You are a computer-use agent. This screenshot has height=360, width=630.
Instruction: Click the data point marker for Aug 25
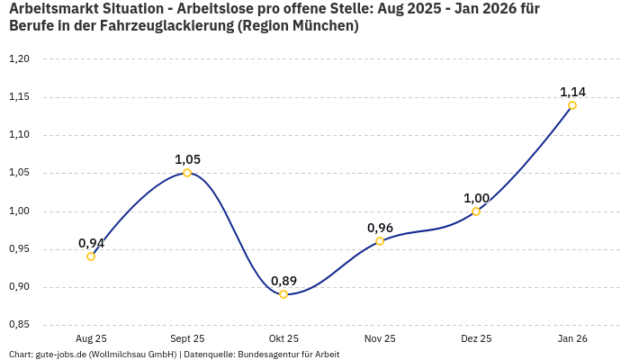[91, 256]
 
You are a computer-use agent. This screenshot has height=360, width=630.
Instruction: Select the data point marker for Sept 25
[187, 173]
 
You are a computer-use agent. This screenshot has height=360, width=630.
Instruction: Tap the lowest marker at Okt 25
[283, 294]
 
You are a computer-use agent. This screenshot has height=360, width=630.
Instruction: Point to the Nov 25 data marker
[380, 241]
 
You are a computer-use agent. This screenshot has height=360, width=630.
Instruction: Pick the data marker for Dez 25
[476, 211]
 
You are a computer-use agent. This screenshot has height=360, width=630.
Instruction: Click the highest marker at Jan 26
[572, 105]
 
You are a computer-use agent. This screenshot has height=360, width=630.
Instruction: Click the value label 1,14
[572, 92]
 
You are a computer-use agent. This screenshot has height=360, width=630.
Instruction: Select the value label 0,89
[283, 281]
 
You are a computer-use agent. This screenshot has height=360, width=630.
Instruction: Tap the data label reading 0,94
[91, 243]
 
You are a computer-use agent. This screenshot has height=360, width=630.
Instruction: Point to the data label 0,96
[380, 228]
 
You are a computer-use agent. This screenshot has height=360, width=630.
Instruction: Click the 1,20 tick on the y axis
[19, 59]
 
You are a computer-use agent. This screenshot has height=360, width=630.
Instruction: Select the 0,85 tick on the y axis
[19, 325]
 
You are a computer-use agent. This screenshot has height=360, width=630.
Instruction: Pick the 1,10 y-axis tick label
[19, 135]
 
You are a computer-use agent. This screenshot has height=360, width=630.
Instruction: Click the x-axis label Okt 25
[283, 338]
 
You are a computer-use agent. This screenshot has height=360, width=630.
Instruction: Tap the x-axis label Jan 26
[572, 338]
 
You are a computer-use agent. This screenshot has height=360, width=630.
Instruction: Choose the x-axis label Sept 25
[187, 338]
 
